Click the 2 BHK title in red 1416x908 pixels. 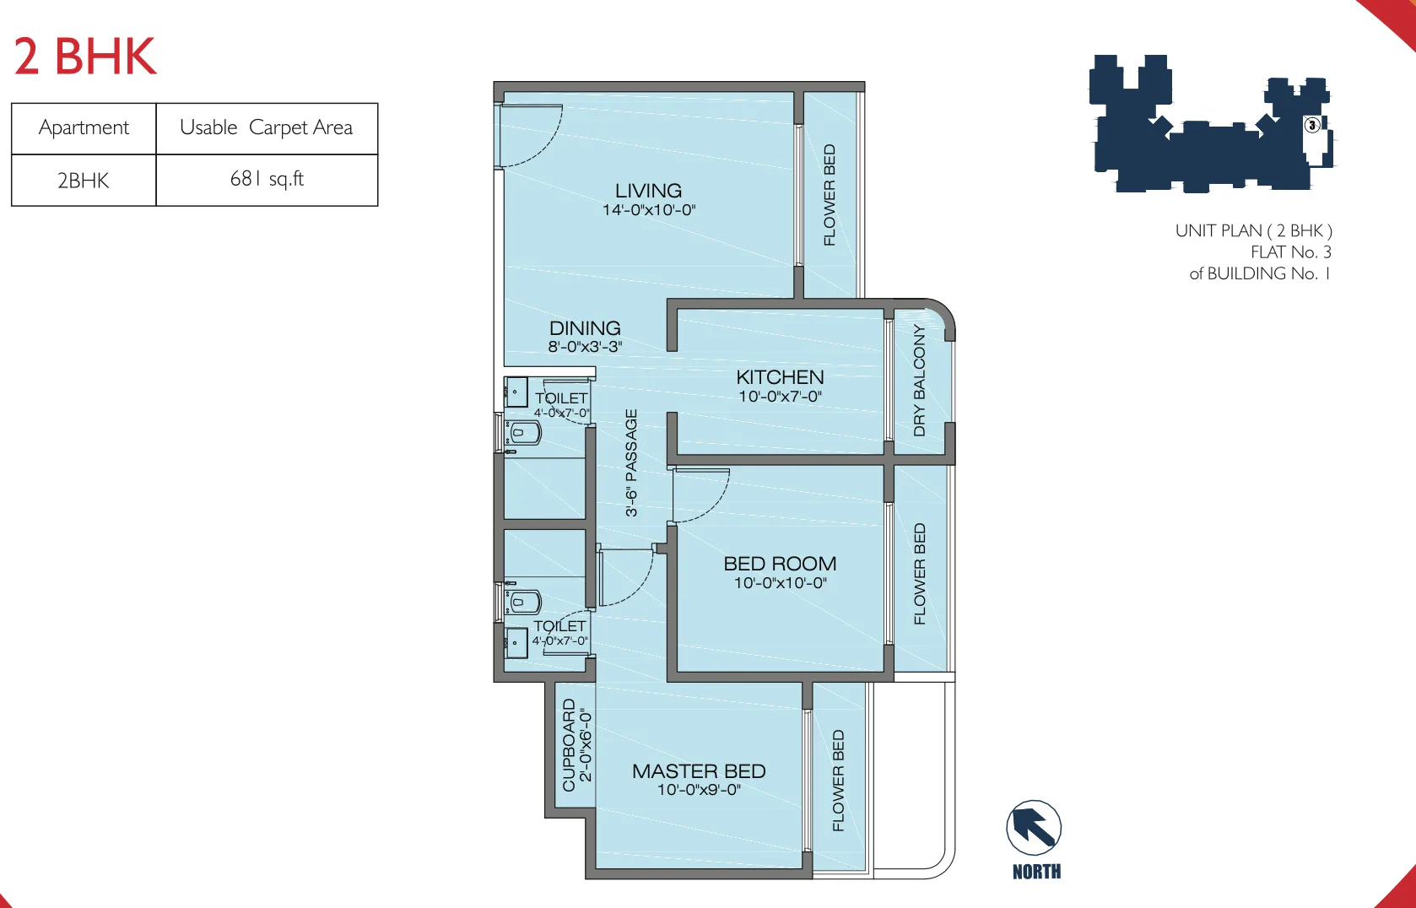click(85, 57)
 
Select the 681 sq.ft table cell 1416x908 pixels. click(267, 179)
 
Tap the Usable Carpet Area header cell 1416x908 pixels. click(267, 127)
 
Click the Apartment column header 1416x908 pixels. click(84, 127)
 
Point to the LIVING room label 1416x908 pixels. click(648, 191)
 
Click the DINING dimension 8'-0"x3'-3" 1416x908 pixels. click(585, 347)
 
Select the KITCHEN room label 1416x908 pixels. click(780, 377)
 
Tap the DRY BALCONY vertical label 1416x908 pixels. click(920, 380)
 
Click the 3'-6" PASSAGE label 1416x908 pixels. click(631, 462)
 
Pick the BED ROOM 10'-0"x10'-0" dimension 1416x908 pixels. click(780, 583)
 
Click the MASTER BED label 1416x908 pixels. click(699, 771)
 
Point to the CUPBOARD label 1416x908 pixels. click(569, 744)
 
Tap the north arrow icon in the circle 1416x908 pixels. click(1034, 828)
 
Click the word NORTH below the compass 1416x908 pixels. click(1036, 872)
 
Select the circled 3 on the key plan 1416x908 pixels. click(1312, 125)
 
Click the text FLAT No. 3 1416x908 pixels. click(1290, 252)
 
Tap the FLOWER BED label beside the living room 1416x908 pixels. click(830, 195)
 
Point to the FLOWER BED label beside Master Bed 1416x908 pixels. click(838, 781)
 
